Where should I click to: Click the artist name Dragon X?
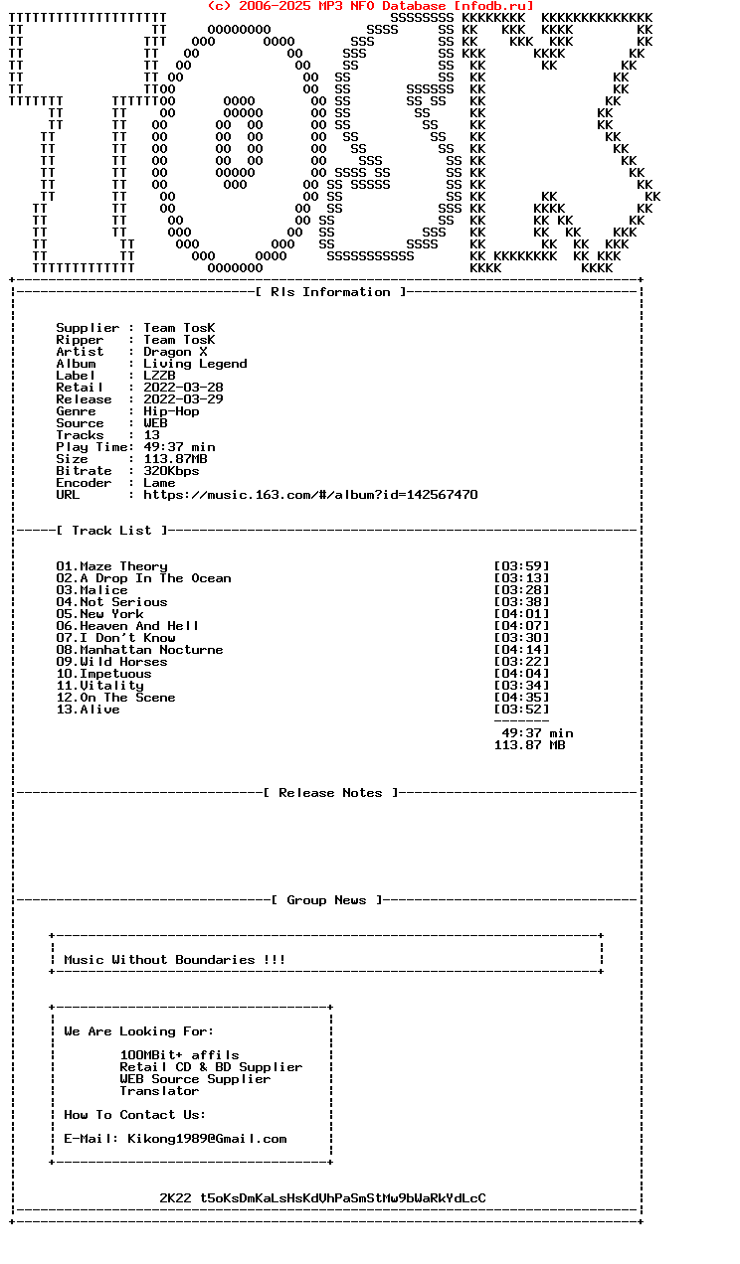(175, 352)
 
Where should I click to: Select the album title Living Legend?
(195, 364)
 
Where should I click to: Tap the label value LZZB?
(159, 376)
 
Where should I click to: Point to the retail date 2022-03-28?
(183, 388)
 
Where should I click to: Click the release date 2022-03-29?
(183, 399)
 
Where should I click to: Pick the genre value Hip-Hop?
(171, 411)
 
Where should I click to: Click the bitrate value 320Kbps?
(171, 471)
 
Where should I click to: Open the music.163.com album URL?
(310, 495)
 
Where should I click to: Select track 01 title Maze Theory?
(123, 566)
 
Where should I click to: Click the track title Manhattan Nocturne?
(151, 650)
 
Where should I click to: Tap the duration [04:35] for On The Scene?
(521, 698)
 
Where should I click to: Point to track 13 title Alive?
(99, 710)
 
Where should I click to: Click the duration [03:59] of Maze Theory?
(521, 566)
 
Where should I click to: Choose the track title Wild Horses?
(123, 662)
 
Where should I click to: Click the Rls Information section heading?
(330, 292)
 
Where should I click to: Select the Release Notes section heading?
(330, 793)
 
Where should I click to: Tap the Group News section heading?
(326, 900)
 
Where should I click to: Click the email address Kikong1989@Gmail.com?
(207, 1139)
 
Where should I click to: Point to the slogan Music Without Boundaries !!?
(175, 960)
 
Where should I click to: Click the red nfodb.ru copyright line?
(370, 6)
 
